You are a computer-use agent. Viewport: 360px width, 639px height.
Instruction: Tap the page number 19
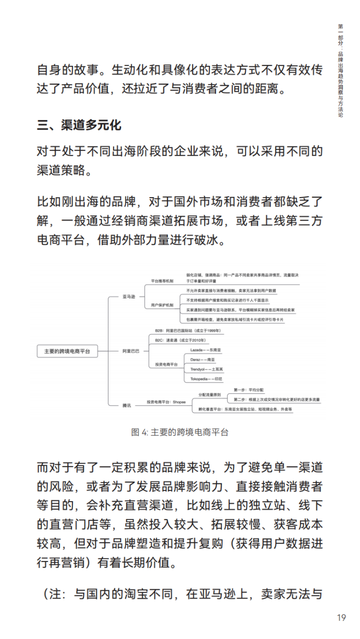coord(341,618)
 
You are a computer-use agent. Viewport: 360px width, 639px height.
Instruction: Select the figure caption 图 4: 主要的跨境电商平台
coord(180,432)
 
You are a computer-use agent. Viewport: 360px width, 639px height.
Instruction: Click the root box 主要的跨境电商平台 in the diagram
coord(67,351)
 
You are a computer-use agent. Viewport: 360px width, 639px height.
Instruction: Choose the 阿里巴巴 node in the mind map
coord(131,351)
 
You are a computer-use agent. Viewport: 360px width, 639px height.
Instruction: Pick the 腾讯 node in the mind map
coord(127,405)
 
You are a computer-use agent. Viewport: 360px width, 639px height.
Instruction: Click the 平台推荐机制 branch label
coord(162,280)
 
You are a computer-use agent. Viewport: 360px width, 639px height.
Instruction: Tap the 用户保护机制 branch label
coord(162,306)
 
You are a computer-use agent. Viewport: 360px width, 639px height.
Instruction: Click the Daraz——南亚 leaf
coord(202,360)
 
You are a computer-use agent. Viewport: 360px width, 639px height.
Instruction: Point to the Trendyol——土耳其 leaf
coord(206,369)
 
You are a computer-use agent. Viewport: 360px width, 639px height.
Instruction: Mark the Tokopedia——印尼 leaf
coord(206,379)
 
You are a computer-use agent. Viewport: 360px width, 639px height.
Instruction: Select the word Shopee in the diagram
coord(179,402)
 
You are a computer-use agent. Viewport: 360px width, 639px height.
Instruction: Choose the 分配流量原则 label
coord(209,394)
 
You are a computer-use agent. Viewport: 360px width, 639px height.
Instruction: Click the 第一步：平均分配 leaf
coord(248,390)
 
